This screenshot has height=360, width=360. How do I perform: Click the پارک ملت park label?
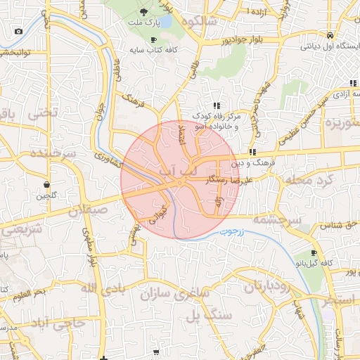(145, 23)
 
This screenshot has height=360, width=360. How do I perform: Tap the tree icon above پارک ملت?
(144, 12)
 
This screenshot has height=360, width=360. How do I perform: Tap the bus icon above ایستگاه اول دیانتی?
(330, 35)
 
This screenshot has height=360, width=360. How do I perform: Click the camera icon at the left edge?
(18, 31)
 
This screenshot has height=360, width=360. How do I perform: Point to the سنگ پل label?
(209, 316)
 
